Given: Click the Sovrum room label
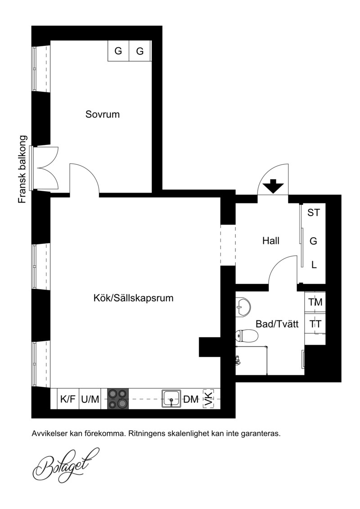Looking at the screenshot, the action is click(103, 114).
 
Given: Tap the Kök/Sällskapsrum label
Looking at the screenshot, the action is click(133, 298).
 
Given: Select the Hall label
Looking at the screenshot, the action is click(271, 241).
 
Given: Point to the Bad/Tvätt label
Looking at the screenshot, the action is click(277, 324).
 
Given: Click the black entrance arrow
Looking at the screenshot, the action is click(273, 186).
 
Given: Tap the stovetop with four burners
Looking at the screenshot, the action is click(118, 399).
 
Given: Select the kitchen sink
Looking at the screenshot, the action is click(171, 399).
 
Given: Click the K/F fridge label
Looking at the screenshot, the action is click(67, 399).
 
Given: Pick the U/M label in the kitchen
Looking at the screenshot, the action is click(90, 399).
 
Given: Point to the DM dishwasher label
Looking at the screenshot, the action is click(191, 399).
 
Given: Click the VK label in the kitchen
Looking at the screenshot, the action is click(209, 399).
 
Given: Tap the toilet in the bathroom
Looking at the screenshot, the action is click(247, 336).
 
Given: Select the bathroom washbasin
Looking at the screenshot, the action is click(243, 306).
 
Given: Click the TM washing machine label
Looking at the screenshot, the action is click(315, 302).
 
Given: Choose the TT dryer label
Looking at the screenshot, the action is click(315, 324).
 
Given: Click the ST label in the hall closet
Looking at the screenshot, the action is click(314, 212).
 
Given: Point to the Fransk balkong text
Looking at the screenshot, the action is click(22, 170).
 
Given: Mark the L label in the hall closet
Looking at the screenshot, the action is click(314, 265).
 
